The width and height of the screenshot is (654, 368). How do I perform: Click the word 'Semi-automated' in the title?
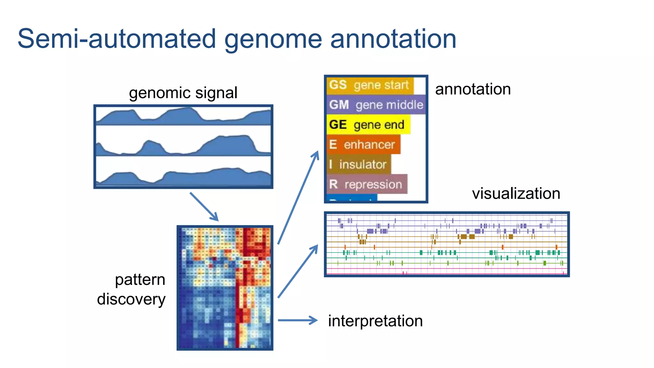tap(117, 39)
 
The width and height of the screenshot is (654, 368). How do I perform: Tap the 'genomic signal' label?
tap(183, 93)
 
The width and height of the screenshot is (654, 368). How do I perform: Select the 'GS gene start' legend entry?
tap(369, 85)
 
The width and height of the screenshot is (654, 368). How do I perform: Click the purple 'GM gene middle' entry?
tap(376, 105)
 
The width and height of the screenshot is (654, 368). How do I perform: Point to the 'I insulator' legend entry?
tap(358, 164)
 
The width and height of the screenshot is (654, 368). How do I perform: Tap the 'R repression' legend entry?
tap(366, 184)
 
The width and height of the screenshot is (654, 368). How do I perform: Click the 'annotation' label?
tap(473, 89)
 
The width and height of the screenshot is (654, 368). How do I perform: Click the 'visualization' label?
tap(516, 194)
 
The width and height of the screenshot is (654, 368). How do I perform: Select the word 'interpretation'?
tap(375, 321)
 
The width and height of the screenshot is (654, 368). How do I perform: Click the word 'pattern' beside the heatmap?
tap(140, 280)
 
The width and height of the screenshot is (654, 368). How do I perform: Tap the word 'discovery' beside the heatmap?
tap(131, 299)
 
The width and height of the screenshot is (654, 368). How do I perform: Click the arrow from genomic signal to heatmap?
tap(204, 206)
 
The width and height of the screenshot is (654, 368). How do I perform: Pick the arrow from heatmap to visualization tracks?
tap(298, 272)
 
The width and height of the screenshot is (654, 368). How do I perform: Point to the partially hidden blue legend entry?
tap(352, 198)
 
